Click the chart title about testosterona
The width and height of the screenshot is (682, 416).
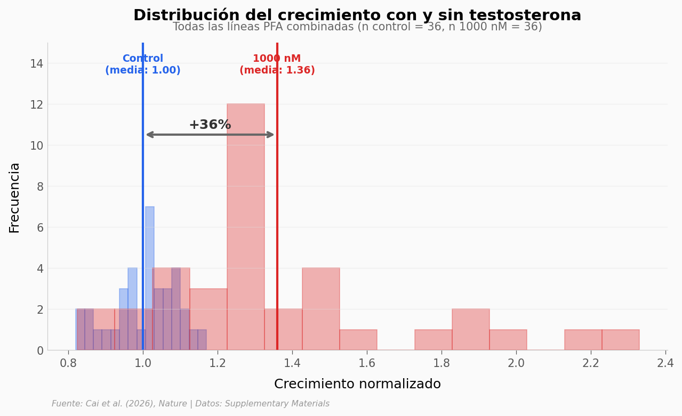[x=357, y=15]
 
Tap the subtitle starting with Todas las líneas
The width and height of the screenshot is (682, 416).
[x=357, y=27]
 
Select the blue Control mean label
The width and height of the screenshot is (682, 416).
[x=143, y=64]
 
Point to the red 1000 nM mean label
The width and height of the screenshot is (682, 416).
[x=277, y=64]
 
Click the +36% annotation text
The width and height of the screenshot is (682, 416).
[x=210, y=125]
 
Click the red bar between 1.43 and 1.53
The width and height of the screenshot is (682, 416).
[x=321, y=309]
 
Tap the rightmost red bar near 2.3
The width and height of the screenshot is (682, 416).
[x=621, y=340]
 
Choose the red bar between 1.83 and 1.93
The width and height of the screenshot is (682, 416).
[x=471, y=330]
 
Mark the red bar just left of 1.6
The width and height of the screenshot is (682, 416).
[x=358, y=340]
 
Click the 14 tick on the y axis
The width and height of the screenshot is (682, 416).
[x=37, y=63]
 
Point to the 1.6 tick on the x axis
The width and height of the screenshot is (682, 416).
[x=367, y=363]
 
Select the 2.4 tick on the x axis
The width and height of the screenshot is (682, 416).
[x=665, y=363]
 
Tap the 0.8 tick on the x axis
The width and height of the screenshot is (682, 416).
[x=68, y=363]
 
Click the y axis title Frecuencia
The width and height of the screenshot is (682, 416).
[x=15, y=197]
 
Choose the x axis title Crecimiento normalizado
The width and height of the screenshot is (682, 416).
[x=357, y=385]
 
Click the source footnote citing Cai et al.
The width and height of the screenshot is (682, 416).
[x=190, y=404]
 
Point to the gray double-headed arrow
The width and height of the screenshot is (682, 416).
[x=210, y=135]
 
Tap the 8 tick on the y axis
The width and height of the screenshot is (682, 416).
[x=40, y=186]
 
